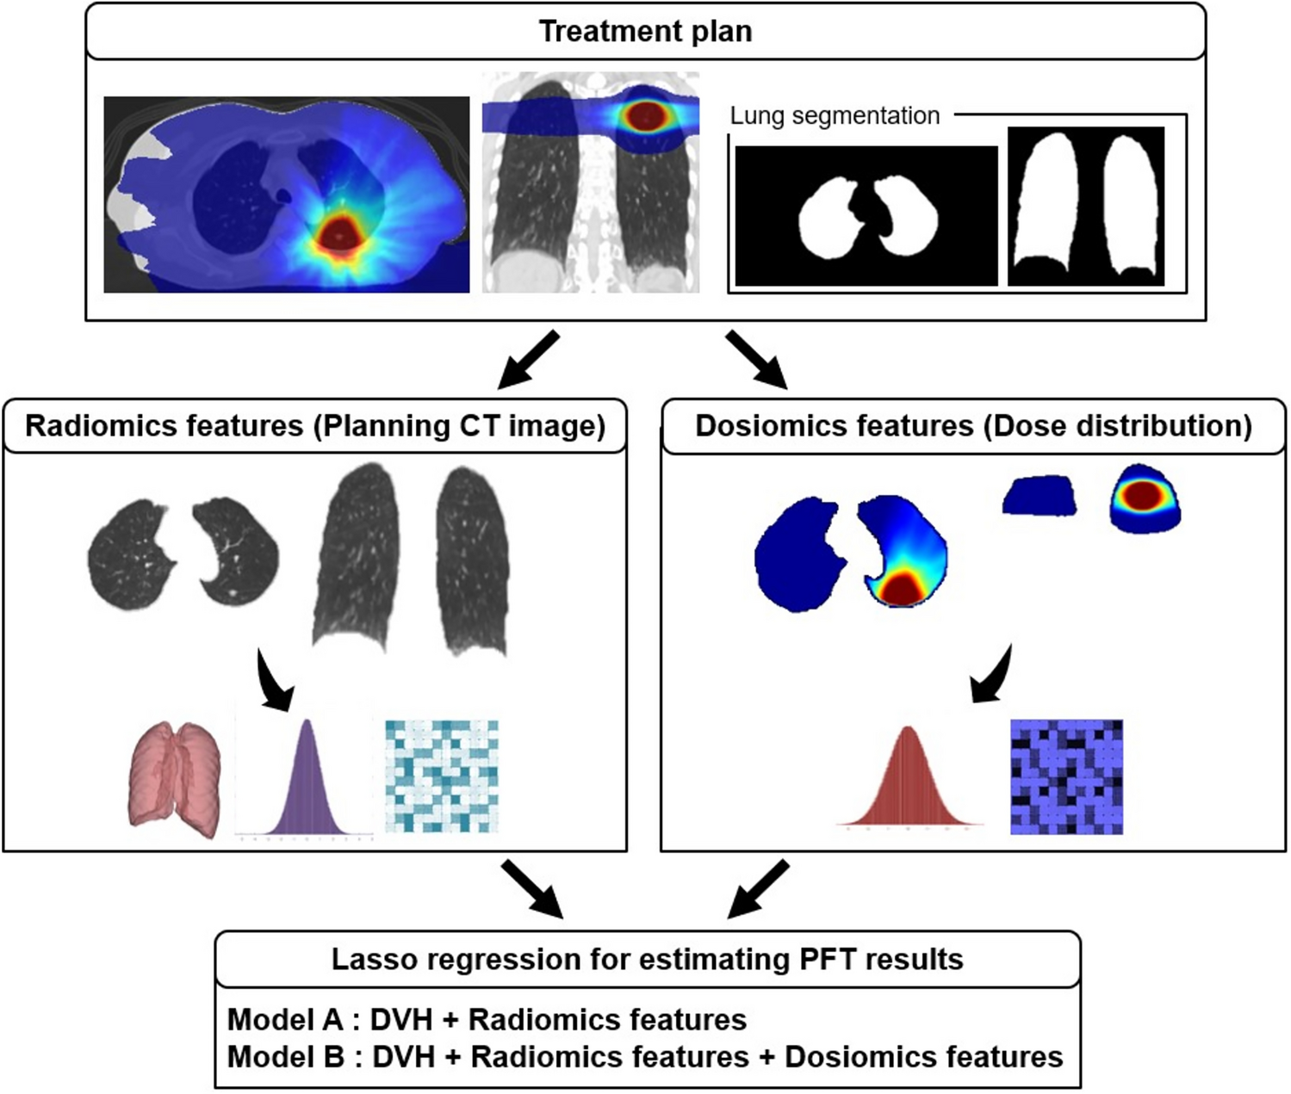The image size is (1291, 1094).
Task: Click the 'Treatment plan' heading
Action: [645, 31]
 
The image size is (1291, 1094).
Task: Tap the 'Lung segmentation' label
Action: [835, 115]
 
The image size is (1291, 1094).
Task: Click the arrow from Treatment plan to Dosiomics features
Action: [756, 360]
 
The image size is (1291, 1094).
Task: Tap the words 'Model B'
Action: [285, 1056]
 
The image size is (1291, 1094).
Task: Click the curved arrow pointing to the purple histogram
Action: [274, 680]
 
